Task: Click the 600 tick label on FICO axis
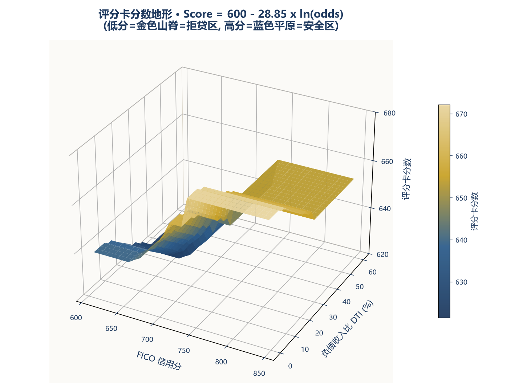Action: click(x=76, y=318)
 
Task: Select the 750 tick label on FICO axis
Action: click(x=184, y=350)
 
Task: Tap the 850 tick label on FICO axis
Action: click(x=259, y=373)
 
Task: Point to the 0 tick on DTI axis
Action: click(x=290, y=366)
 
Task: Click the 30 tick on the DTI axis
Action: click(x=333, y=317)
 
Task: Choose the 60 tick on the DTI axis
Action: click(x=372, y=272)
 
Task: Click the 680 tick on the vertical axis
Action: click(x=389, y=113)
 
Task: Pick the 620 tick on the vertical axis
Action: click(x=382, y=254)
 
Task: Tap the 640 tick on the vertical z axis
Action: click(x=385, y=209)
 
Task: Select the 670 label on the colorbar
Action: click(x=461, y=114)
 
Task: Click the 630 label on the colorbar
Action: click(x=461, y=282)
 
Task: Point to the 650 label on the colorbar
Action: click(x=461, y=198)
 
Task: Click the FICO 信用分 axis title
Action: click(x=159, y=360)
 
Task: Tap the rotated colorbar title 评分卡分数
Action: click(x=474, y=211)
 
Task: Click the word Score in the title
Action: click(x=198, y=14)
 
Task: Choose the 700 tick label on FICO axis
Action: click(x=147, y=339)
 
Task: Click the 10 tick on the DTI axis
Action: click(x=305, y=350)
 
